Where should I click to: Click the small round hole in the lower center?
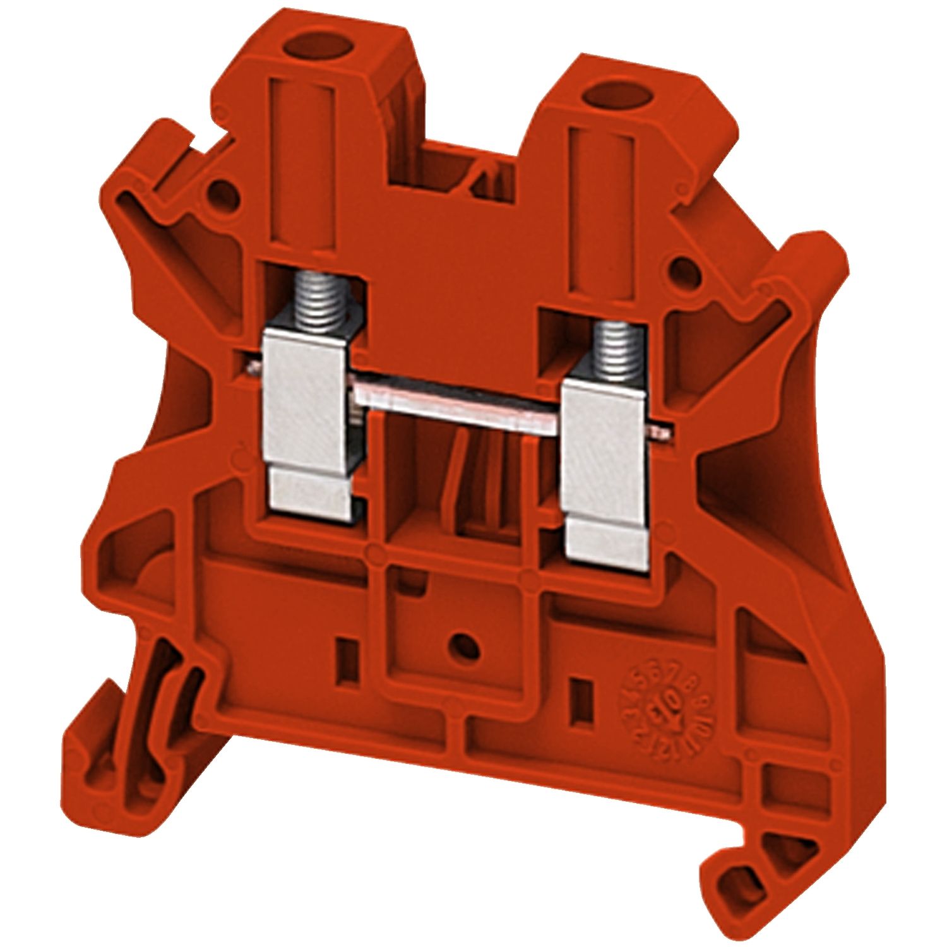(x=464, y=645)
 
